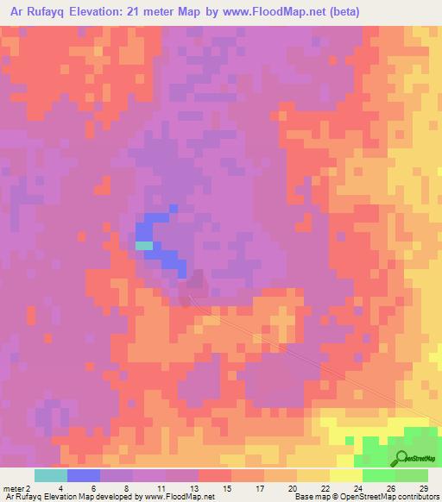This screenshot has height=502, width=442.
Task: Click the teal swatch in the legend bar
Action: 51,475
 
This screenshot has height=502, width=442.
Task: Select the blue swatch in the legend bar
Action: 84,475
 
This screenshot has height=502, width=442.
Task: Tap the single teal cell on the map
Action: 144,245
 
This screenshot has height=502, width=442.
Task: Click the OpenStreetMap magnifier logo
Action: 401,457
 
